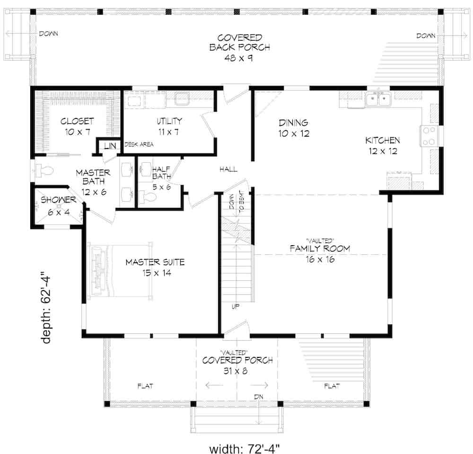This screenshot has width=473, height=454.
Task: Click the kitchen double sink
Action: pyautogui.click(x=377, y=99)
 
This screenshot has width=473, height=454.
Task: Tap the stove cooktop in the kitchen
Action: pyautogui.click(x=429, y=136)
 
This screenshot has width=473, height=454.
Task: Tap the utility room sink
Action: pyautogui.click(x=181, y=98)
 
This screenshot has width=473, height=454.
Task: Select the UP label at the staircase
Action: pyautogui.click(x=235, y=306)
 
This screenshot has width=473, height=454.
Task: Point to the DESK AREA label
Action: pyautogui.click(x=139, y=144)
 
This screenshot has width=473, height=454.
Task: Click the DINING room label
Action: pyautogui.click(x=293, y=123)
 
